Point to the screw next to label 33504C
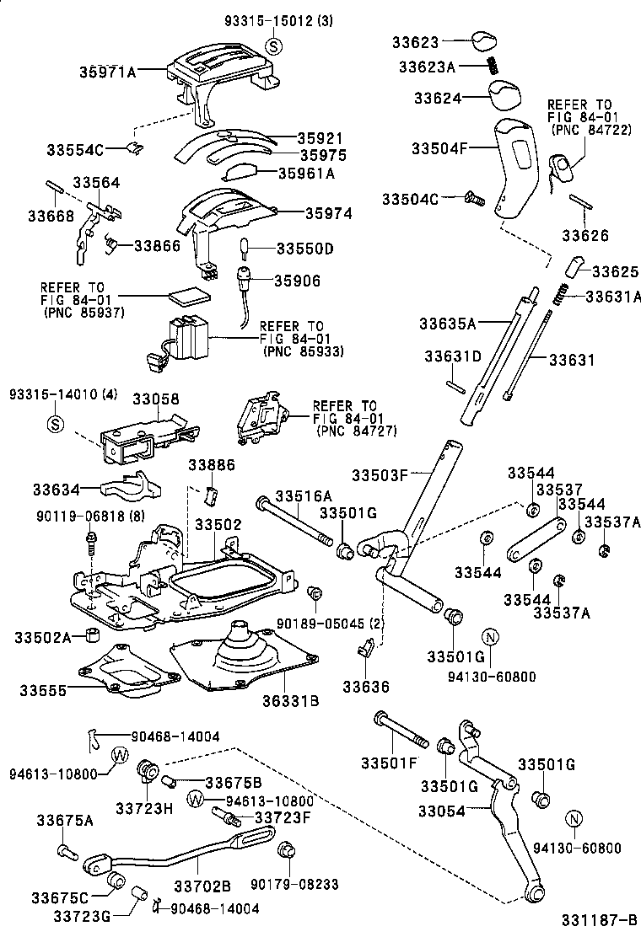click(x=473, y=199)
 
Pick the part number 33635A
click(x=448, y=322)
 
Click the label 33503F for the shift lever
click(x=380, y=475)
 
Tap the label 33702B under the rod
click(x=202, y=885)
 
